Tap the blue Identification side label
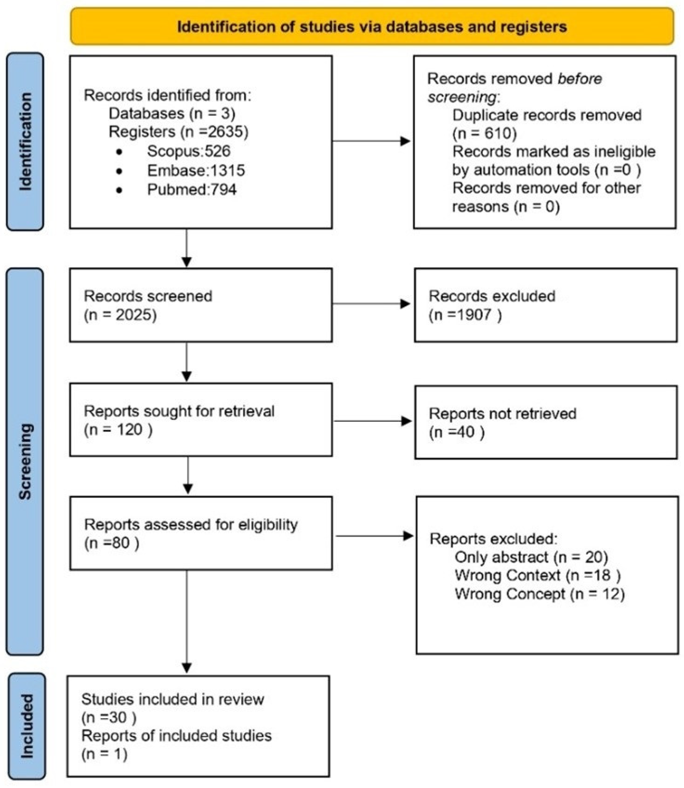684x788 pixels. tap(25, 141)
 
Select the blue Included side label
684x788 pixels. tap(27, 726)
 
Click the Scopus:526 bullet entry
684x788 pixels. tap(189, 151)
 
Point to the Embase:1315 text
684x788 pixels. tap(196, 170)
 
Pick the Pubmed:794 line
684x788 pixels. tap(192, 189)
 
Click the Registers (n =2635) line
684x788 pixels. tap(178, 132)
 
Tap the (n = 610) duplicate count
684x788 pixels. tap(484, 133)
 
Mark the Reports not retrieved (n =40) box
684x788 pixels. tap(546, 422)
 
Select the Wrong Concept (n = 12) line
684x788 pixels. tap(539, 594)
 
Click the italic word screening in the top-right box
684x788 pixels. tap(462, 97)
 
